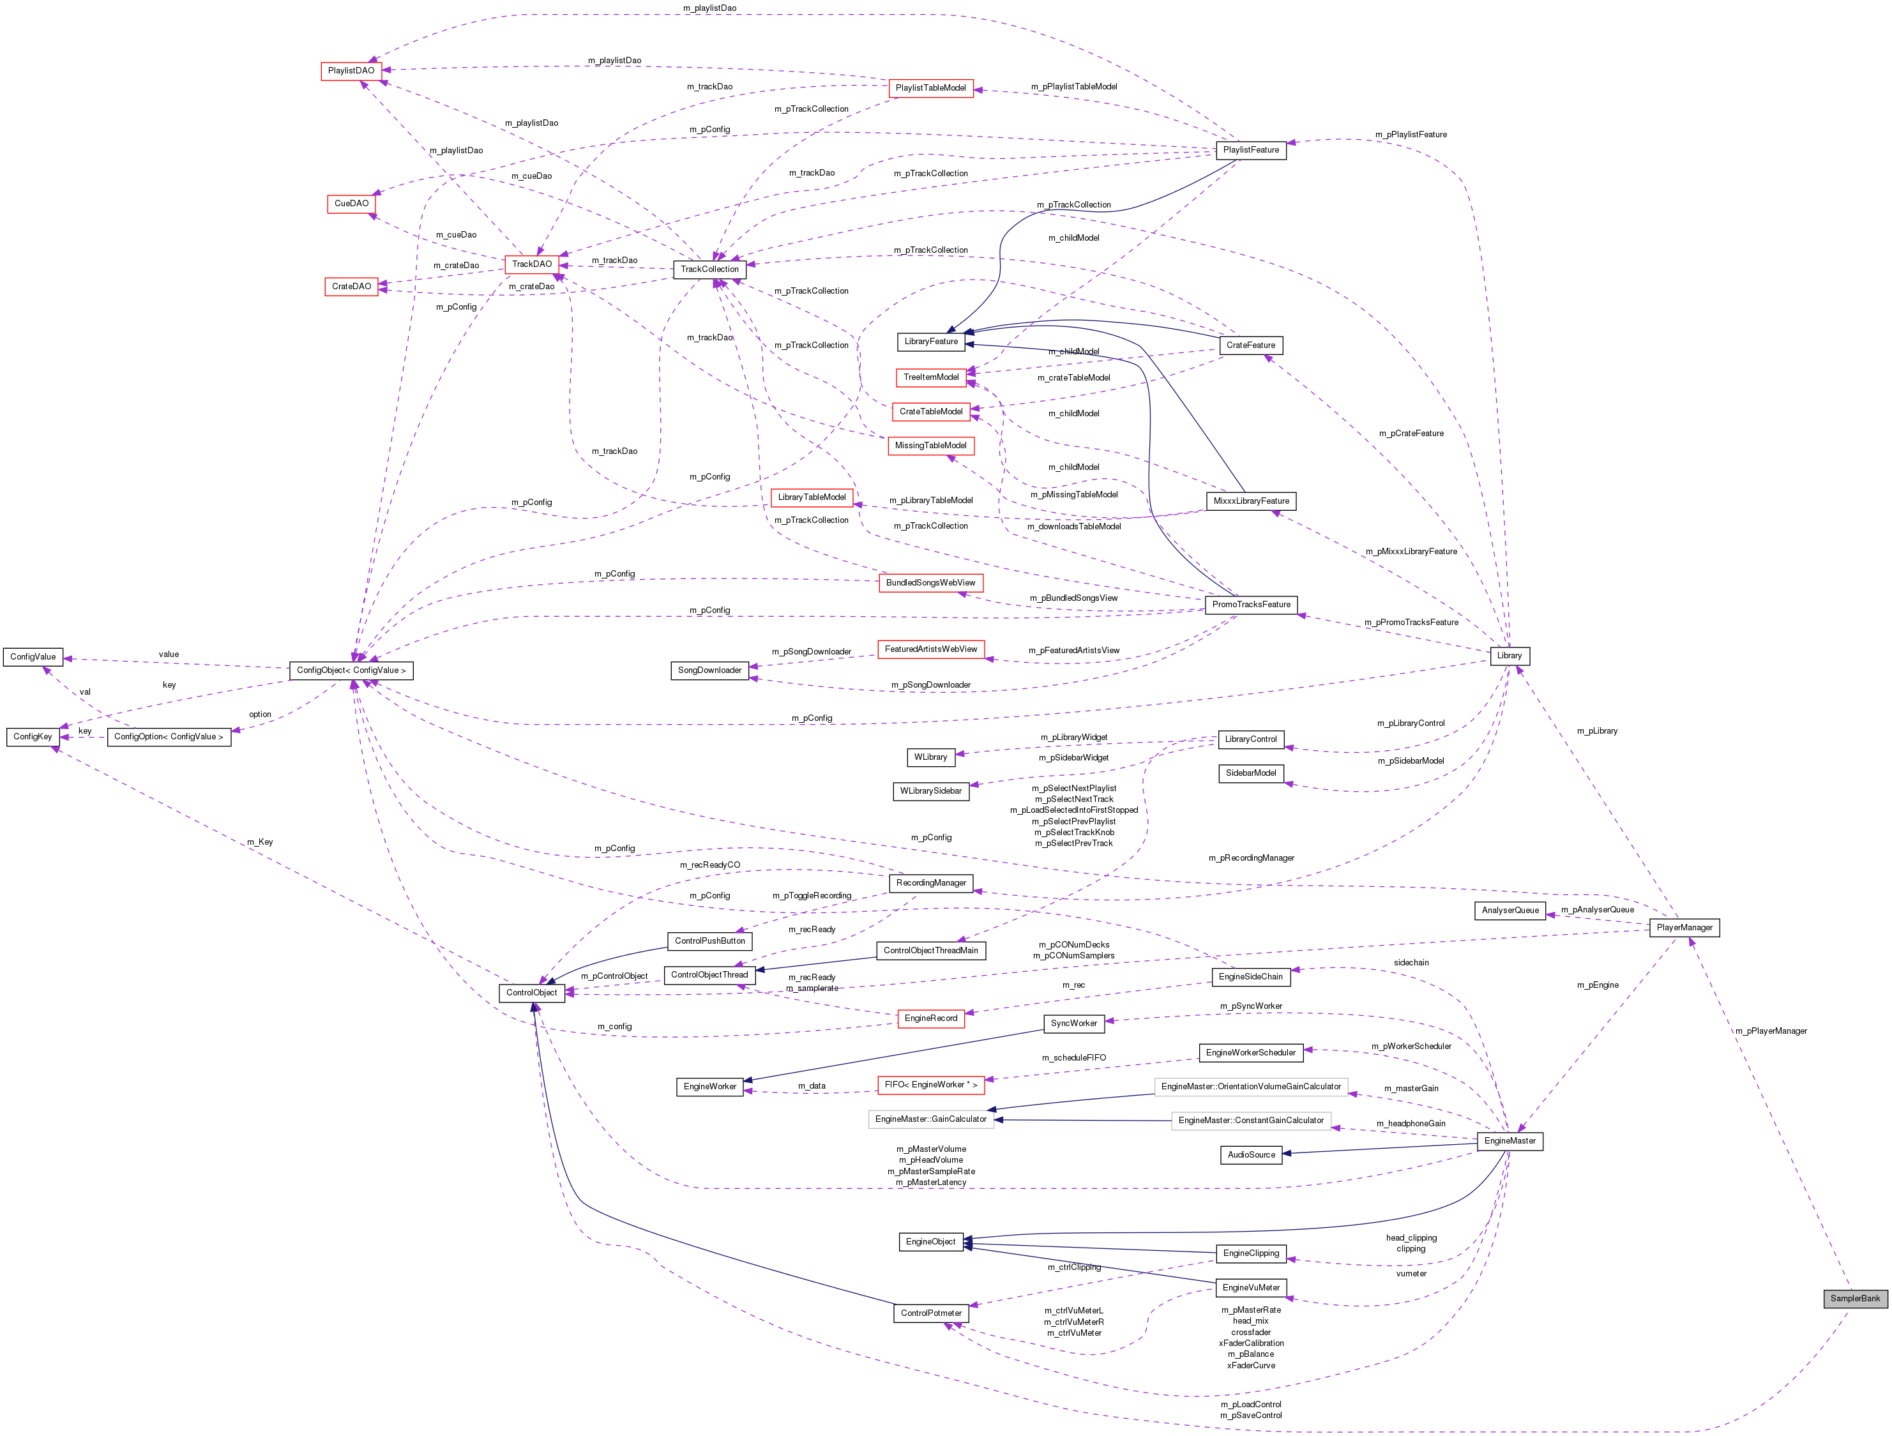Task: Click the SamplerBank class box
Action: pos(1854,1298)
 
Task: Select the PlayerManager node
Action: pos(1683,927)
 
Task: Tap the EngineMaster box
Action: pos(1510,1141)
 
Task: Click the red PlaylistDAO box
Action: pos(351,70)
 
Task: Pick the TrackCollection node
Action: pos(709,269)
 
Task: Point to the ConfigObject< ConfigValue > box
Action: pos(351,670)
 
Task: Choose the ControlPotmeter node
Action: pos(930,1313)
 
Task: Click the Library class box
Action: pos(1509,656)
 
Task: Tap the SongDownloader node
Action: pos(709,670)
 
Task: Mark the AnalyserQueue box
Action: pos(1510,910)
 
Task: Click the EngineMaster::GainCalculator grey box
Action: pos(930,1119)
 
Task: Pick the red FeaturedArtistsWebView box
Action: pos(930,649)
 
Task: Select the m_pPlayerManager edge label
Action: pos(1771,1031)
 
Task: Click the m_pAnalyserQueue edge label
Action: pos(1597,909)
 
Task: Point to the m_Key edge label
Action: pos(260,842)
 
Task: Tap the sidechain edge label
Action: pos(1411,962)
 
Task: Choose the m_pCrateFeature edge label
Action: pos(1411,433)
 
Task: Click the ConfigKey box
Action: pos(33,736)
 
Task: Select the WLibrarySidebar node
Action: pos(930,791)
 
